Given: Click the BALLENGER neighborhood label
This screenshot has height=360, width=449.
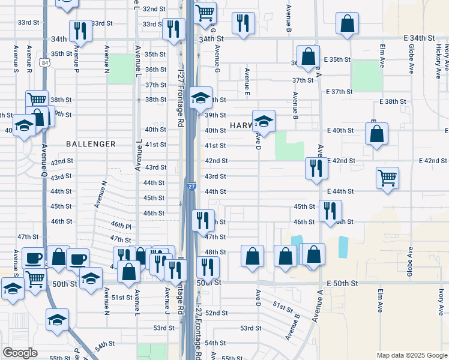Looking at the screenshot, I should (x=91, y=144).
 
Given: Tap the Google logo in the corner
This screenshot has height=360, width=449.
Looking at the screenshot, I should (x=20, y=353).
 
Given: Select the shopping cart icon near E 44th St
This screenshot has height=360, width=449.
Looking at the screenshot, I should (x=388, y=177).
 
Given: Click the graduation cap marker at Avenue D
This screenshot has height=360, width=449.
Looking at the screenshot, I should (x=264, y=121).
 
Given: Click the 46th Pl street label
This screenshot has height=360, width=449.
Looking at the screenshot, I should (x=121, y=226).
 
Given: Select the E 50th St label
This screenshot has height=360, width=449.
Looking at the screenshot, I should (x=342, y=283).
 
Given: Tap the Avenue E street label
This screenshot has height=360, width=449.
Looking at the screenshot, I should (x=247, y=82).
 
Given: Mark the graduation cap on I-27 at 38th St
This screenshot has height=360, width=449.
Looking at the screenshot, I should (x=200, y=98).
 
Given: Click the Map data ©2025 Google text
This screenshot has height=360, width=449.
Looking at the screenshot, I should (x=411, y=355).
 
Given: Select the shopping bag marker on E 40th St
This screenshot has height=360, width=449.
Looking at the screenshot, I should (x=376, y=135).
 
